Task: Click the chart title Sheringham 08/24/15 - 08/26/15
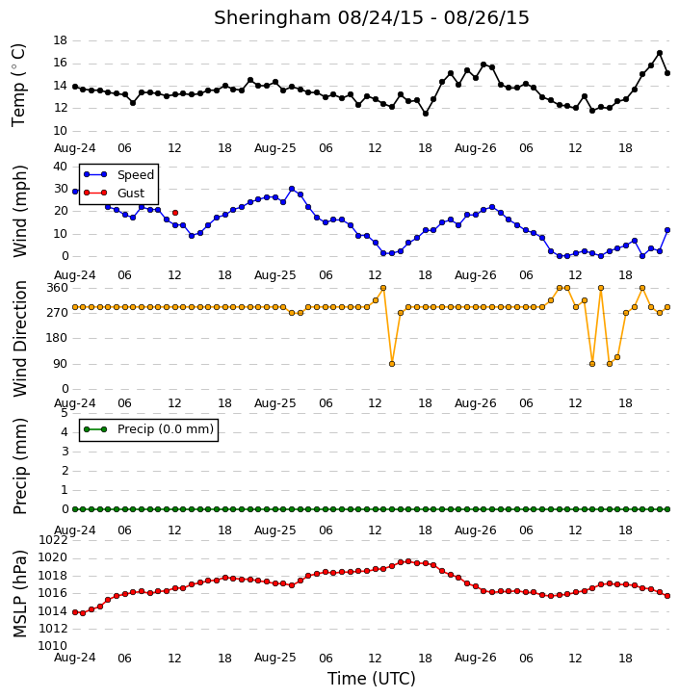372,17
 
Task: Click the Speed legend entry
118,174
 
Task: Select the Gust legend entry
114,193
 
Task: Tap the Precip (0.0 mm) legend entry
148,429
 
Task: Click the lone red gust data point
175,213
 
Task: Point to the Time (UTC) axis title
372,679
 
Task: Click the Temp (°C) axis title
18,85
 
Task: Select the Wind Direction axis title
19,338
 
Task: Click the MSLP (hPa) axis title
19,593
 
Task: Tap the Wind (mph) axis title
19,211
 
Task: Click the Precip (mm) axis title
19,466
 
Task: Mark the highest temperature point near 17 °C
660,53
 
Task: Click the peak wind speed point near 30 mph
292,189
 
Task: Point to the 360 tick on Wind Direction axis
58,288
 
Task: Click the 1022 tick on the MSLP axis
53,540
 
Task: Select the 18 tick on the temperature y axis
60,40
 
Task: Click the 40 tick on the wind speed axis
60,167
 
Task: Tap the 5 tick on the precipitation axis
65,413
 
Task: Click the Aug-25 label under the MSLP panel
274,658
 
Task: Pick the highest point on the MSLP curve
408,561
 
